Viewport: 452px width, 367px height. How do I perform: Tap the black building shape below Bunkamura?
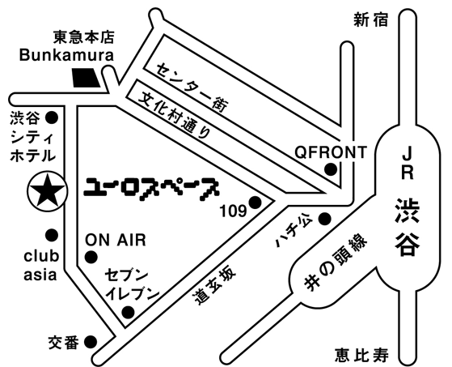coord(86,78)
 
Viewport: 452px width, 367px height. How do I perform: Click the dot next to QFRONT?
coord(331,169)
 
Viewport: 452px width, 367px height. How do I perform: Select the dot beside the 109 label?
coord(256,203)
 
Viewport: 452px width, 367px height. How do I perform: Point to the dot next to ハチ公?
coord(325,219)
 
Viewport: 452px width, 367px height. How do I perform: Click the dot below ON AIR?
coord(91,257)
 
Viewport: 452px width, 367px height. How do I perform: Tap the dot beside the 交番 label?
coord(91,342)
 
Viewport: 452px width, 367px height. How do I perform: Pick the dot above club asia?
coord(52,235)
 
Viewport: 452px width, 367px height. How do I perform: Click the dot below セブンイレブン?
coord(128,312)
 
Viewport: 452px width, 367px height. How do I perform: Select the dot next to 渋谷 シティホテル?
coord(53,117)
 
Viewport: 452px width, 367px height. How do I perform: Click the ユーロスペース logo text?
coord(151,189)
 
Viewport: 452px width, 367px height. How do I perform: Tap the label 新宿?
coord(371,20)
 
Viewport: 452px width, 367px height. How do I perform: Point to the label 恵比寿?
coord(361,355)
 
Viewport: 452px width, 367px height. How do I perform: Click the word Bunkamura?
coord(66,55)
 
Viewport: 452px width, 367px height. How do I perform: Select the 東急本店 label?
coord(83,37)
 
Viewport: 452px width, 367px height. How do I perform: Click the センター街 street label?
coord(192,87)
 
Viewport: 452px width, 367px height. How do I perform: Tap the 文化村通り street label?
coord(174,116)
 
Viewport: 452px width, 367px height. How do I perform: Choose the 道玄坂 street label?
coord(215,286)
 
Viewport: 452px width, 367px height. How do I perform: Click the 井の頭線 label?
coord(336,262)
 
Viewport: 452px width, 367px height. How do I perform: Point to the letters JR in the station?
coord(408,164)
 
